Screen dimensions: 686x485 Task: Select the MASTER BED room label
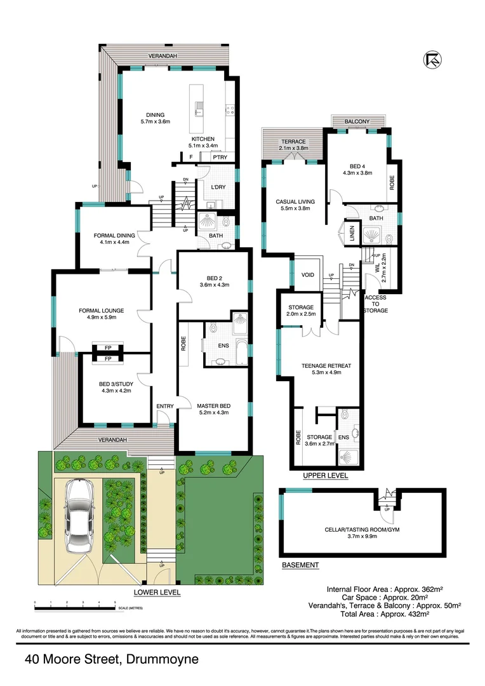(213, 409)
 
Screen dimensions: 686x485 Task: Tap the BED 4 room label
(357, 168)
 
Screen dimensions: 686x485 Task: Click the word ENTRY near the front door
(165, 406)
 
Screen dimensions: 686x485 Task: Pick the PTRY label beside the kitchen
(220, 157)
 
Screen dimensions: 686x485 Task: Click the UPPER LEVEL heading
(325, 475)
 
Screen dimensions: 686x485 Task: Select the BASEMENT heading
(300, 565)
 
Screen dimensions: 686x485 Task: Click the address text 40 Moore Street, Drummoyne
(112, 659)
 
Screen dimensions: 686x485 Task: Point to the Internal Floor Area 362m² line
(376, 588)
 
